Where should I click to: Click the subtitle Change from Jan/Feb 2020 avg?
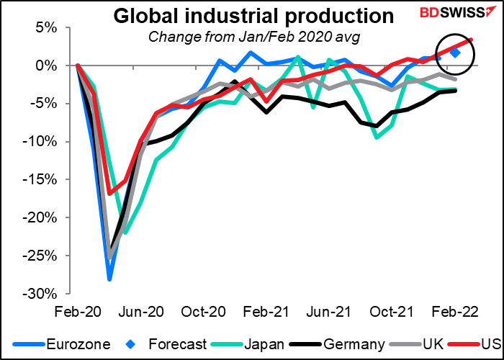coord(253,37)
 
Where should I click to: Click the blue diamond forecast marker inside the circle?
coord(456,53)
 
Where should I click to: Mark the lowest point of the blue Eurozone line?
coord(109,279)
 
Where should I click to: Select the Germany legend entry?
coord(337,344)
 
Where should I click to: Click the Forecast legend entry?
coord(168,344)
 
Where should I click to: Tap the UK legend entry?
coord(414,344)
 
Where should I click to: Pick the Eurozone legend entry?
coord(61,344)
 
